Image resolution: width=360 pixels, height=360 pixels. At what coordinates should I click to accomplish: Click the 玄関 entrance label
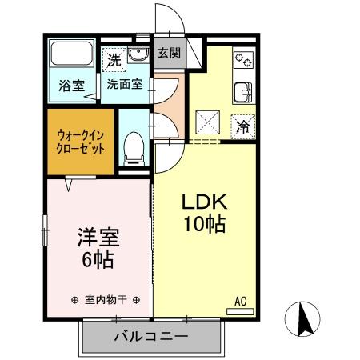tap(168, 54)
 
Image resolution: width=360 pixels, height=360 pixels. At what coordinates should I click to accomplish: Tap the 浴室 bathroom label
tap(70, 86)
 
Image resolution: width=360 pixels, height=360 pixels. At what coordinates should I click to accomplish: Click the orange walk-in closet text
tap(81, 142)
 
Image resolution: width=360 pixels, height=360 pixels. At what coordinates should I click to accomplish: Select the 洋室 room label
tap(98, 238)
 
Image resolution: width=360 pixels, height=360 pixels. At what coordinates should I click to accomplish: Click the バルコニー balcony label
tap(150, 337)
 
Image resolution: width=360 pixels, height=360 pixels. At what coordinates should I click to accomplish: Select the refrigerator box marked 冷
tap(243, 126)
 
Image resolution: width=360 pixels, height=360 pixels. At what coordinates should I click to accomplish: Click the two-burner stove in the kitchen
tap(243, 61)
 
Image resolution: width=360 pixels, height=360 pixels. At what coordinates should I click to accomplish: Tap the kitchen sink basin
tap(243, 92)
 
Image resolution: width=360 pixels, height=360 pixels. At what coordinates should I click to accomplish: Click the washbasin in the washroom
tap(138, 56)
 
